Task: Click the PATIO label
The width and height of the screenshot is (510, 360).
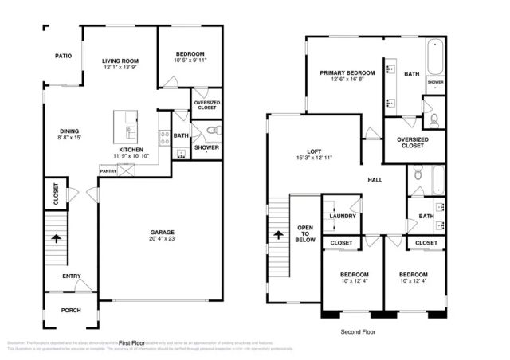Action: [x=63, y=57]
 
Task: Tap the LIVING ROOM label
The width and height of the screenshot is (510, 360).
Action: [x=120, y=61]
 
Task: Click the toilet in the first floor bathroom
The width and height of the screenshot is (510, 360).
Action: [x=211, y=130]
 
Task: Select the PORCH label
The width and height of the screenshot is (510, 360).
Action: [x=72, y=310]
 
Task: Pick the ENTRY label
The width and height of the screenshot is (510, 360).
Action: [x=72, y=276]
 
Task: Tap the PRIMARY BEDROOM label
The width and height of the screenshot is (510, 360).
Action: [x=343, y=73]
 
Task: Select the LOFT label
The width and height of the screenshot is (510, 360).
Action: [x=314, y=151]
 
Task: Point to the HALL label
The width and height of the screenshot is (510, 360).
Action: [x=375, y=180]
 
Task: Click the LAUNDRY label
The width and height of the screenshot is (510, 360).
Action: [x=343, y=216]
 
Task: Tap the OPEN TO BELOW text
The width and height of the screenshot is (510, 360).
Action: [x=306, y=232]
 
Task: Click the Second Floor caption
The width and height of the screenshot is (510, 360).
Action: [x=357, y=331]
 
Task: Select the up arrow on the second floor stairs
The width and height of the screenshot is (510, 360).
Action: [x=279, y=235]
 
